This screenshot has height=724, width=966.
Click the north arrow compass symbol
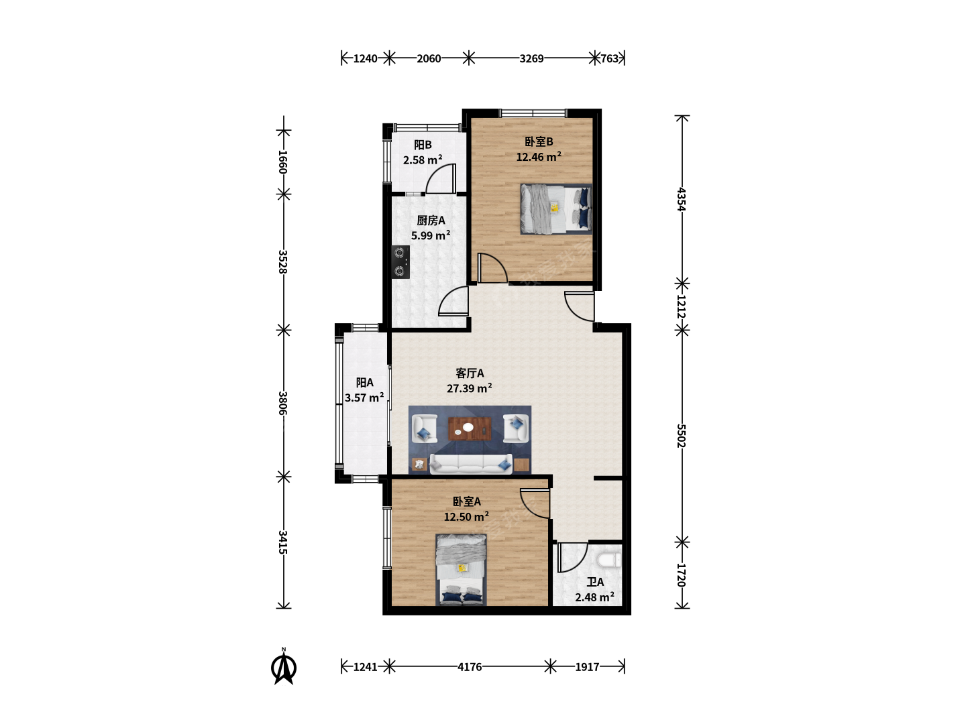[283, 667]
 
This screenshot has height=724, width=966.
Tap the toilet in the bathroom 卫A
[609, 560]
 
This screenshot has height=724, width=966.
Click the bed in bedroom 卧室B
[556, 208]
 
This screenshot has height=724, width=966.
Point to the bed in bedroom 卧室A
[462, 570]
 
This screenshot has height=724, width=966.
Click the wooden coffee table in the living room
[470, 428]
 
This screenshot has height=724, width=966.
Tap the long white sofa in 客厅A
[471, 464]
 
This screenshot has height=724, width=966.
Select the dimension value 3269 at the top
[531, 58]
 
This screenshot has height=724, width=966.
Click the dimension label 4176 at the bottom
[470, 667]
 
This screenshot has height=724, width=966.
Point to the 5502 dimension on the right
[682, 436]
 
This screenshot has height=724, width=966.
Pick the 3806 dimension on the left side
[283, 403]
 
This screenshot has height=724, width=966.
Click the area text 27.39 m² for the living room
[469, 388]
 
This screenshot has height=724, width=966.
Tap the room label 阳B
[423, 145]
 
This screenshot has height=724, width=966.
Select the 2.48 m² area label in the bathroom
[594, 597]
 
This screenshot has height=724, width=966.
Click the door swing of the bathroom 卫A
[573, 557]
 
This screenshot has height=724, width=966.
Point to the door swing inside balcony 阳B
[441, 178]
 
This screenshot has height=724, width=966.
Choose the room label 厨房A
[431, 221]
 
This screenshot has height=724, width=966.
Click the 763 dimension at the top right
[610, 58]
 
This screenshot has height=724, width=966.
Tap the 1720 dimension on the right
[682, 575]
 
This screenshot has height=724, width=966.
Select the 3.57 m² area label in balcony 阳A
[364, 398]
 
